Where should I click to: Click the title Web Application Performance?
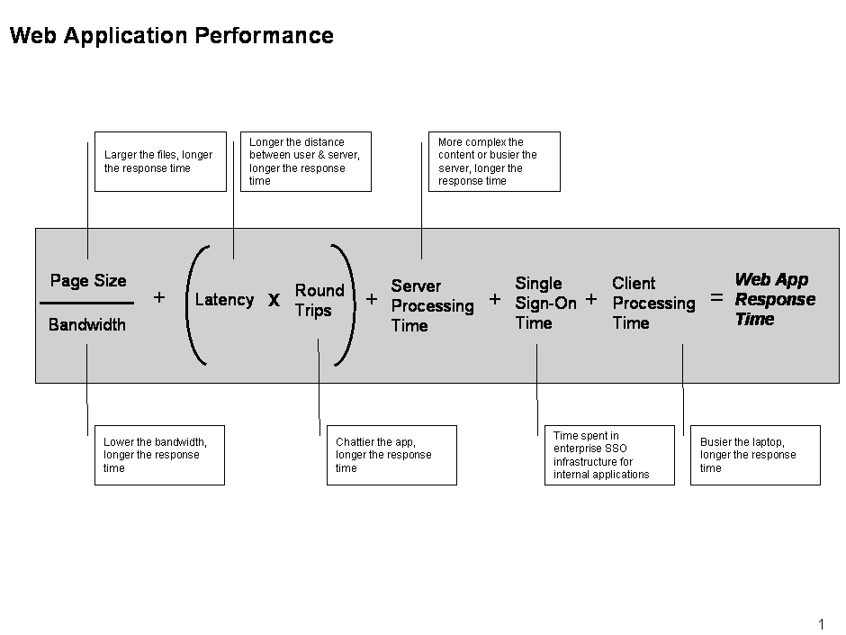pyautogui.click(x=172, y=36)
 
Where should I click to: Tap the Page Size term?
pyautogui.click(x=88, y=281)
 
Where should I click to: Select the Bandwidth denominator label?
pyautogui.click(x=87, y=324)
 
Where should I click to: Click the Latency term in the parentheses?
pyautogui.click(x=224, y=300)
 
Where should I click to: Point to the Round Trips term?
pyautogui.click(x=319, y=300)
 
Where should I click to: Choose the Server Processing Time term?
pyautogui.click(x=432, y=305)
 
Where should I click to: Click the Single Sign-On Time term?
pyautogui.click(x=545, y=303)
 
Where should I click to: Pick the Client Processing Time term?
pyautogui.click(x=653, y=303)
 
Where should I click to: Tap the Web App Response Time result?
pyautogui.click(x=775, y=299)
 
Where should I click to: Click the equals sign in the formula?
pyautogui.click(x=716, y=297)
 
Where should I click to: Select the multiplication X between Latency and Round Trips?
pyautogui.click(x=274, y=300)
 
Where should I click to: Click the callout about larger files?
pyautogui.click(x=160, y=161)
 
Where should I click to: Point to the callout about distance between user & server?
pyautogui.click(x=306, y=161)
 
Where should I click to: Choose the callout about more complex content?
pyautogui.click(x=494, y=161)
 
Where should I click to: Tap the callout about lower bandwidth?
pyautogui.click(x=159, y=455)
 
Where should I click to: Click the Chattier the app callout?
pyautogui.click(x=391, y=455)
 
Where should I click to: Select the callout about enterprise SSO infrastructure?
pyautogui.click(x=609, y=455)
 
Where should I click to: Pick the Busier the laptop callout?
pyautogui.click(x=755, y=455)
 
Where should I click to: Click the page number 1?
pyautogui.click(x=821, y=624)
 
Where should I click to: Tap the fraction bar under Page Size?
pyautogui.click(x=87, y=303)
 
